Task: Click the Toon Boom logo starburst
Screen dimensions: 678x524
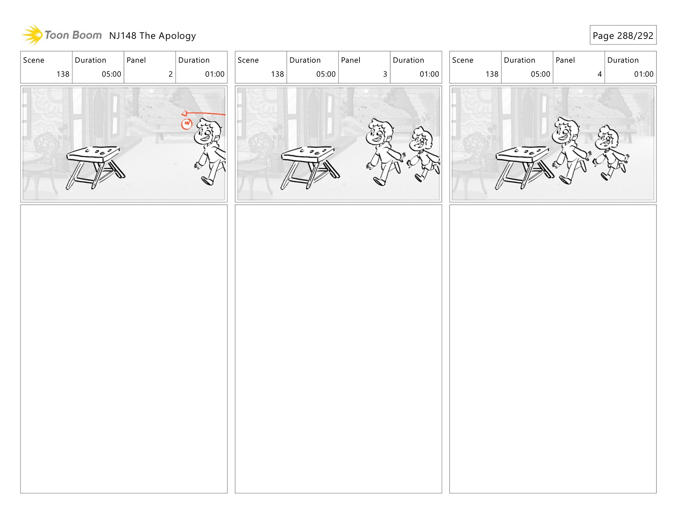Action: pos(32,35)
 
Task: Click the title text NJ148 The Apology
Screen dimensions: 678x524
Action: pos(152,36)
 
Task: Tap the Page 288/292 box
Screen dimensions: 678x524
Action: pos(623,35)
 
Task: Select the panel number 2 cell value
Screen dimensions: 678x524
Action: pos(171,74)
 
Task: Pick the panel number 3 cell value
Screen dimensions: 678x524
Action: pos(385,74)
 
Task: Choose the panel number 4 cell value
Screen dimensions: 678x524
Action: pos(600,74)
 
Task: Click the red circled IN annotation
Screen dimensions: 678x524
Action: pos(187,124)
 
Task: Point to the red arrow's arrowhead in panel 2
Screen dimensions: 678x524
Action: pos(184,113)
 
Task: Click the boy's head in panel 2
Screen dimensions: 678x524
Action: pos(208,131)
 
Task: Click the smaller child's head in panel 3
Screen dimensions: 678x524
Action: pos(421,139)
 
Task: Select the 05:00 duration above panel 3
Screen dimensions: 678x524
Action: pos(326,74)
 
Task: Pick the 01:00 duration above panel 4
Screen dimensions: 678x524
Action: pos(644,74)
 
